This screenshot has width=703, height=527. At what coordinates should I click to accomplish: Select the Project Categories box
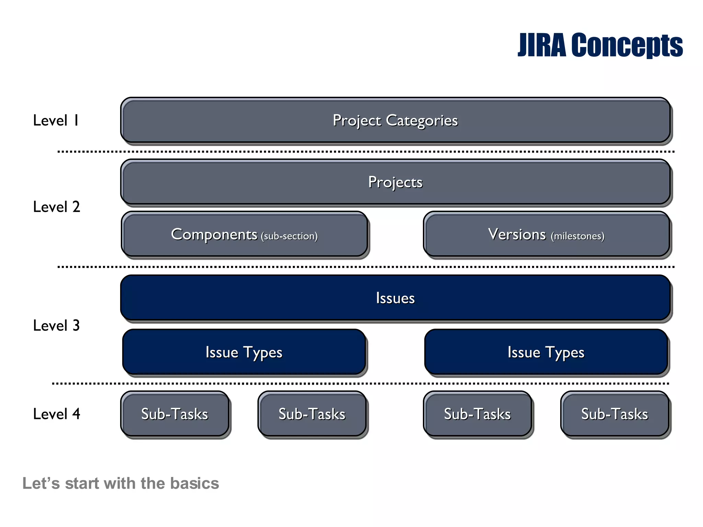tap(395, 120)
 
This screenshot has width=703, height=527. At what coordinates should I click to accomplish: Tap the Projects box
tap(395, 182)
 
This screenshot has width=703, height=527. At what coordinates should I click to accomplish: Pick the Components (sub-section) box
tap(244, 234)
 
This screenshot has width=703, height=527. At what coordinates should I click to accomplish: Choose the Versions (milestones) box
tap(546, 234)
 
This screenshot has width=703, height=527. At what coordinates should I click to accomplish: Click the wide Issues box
tap(395, 298)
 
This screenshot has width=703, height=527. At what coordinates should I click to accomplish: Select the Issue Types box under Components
tap(244, 352)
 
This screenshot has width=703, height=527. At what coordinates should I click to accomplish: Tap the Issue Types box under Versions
tap(546, 352)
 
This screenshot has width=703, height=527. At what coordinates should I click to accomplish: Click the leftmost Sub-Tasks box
tap(175, 414)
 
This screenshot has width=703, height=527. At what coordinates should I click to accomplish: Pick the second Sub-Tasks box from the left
tap(312, 414)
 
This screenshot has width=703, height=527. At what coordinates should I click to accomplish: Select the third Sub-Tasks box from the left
tap(477, 414)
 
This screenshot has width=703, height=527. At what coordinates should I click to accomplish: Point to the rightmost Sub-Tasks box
tap(615, 414)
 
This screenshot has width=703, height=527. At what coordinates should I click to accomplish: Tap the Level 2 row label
tap(57, 207)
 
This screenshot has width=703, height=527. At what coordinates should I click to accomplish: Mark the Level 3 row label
tap(57, 326)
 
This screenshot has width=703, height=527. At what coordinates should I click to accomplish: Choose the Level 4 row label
tap(57, 414)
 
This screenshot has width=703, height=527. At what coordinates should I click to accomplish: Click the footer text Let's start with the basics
tap(120, 483)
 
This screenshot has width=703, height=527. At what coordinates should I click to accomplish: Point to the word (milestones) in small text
tap(578, 236)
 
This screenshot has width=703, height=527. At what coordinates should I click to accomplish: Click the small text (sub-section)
tap(289, 236)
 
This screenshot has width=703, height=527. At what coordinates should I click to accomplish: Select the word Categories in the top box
tap(422, 120)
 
